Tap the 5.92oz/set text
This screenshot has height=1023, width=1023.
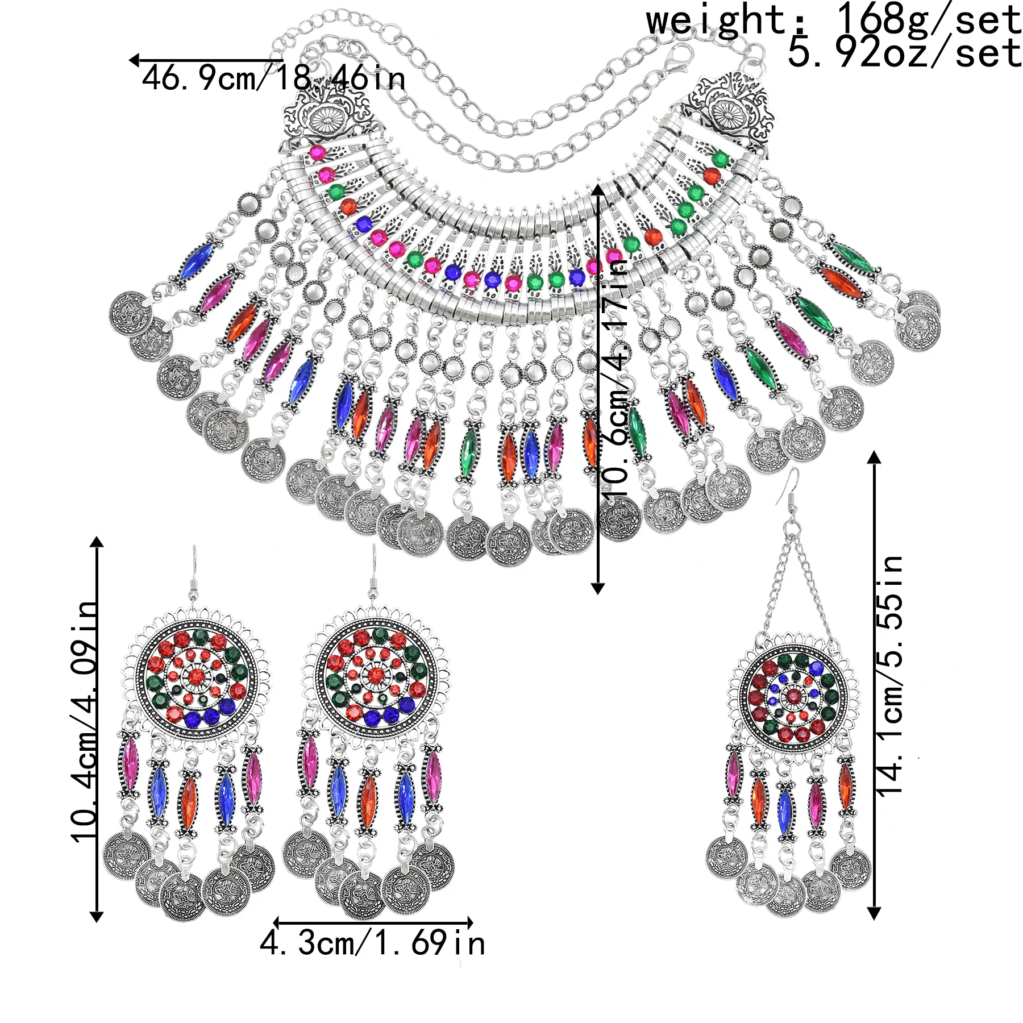[904, 53]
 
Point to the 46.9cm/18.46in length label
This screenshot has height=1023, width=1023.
[273, 78]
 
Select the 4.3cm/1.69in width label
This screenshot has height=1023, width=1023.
[372, 943]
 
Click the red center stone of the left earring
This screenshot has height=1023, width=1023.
[197, 676]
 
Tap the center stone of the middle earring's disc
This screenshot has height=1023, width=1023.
[375, 675]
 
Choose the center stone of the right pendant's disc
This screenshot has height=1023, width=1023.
[792, 695]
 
